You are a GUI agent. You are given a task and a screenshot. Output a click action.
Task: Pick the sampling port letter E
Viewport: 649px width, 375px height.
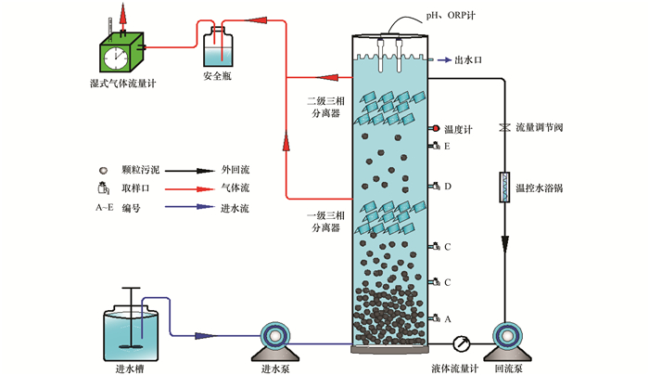[448, 147]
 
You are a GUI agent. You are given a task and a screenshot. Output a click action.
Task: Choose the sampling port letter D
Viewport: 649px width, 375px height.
[448, 187]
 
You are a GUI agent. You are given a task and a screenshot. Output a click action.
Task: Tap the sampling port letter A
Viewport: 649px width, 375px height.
[448, 318]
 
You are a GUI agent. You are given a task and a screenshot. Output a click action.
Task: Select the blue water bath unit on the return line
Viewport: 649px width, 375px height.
[503, 187]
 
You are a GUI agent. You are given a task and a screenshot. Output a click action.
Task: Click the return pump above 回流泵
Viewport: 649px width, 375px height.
[508, 340]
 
